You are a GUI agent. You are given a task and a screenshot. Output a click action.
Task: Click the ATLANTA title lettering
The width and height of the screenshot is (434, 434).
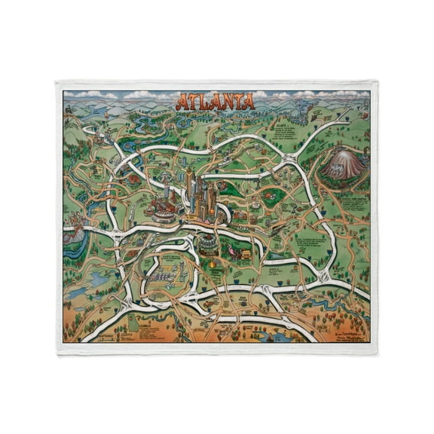tap(215, 101)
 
